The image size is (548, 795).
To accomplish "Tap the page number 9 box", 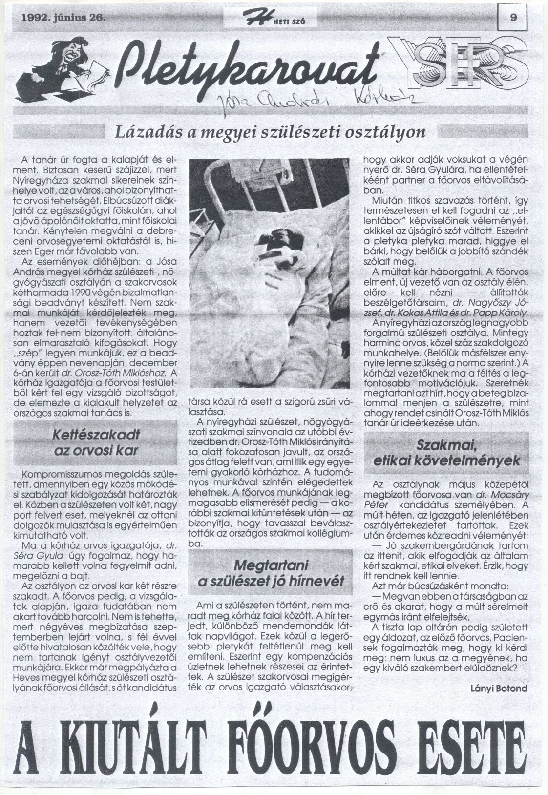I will point(512,18).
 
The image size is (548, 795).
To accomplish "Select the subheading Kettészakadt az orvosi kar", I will point(96,442).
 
